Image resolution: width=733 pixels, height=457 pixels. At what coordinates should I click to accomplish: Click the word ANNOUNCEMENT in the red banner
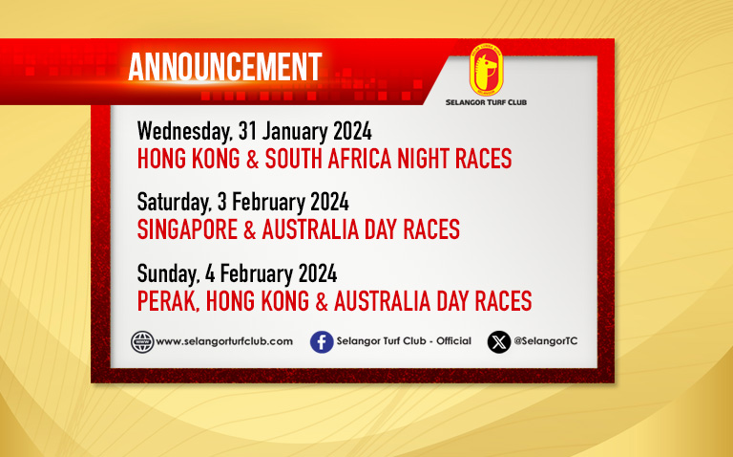(225, 67)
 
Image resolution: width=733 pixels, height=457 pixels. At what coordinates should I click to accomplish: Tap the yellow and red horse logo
(486, 70)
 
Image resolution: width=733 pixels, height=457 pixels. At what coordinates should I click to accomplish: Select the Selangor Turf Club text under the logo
(486, 102)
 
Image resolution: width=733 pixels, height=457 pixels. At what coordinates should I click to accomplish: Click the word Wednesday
(184, 132)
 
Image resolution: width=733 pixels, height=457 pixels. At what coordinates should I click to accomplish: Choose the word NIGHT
(424, 159)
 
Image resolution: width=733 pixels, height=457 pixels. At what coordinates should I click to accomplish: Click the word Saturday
(174, 203)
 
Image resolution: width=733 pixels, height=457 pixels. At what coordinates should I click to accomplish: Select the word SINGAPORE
(187, 229)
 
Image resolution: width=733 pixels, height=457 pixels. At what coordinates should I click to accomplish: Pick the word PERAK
(169, 301)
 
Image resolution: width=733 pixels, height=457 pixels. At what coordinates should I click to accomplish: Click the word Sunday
(168, 274)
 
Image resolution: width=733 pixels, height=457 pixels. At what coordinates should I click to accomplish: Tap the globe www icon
(142, 342)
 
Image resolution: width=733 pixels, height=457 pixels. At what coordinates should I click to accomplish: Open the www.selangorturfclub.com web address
(224, 341)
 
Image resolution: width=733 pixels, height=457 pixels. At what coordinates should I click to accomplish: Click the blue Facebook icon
(322, 342)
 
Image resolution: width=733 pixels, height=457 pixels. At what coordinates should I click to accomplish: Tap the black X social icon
(499, 342)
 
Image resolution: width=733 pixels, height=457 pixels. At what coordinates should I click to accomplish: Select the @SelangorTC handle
(546, 341)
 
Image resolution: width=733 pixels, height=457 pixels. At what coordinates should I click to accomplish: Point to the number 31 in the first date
(247, 131)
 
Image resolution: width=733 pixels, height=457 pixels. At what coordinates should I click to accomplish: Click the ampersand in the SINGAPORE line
(250, 229)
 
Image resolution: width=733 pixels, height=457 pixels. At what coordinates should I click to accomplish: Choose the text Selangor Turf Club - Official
(404, 341)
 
